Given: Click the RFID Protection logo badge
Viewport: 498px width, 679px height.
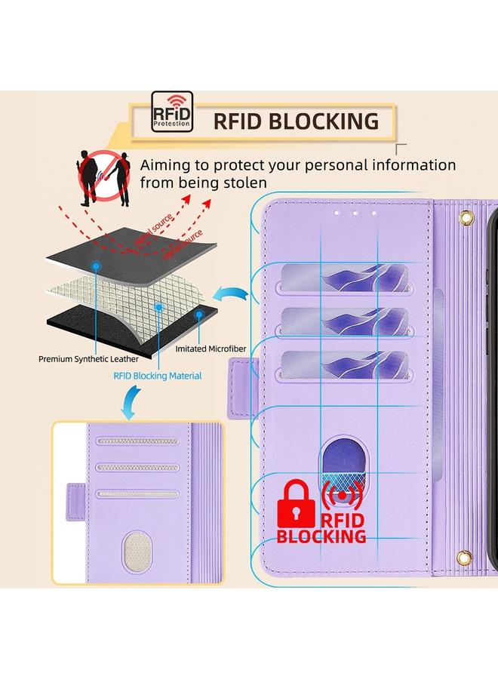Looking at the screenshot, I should [171, 112].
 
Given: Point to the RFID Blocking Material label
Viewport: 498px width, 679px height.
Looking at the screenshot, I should [157, 375].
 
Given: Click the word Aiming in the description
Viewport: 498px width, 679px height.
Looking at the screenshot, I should [168, 164].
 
